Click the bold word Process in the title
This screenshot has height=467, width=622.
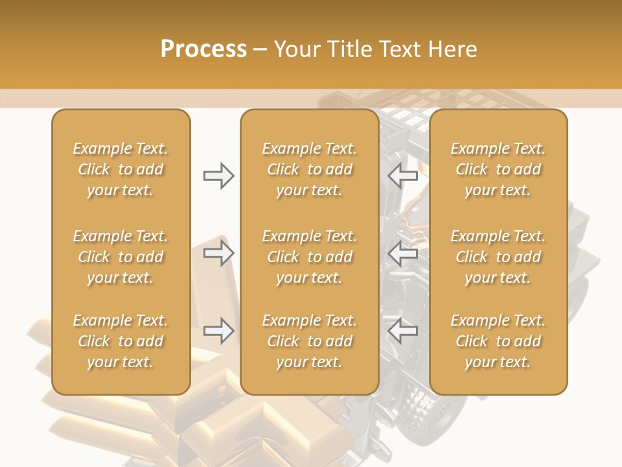click(203, 49)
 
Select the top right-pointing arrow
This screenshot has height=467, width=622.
click(218, 176)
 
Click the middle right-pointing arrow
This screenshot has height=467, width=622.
click(218, 253)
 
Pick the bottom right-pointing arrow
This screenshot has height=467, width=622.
click(218, 331)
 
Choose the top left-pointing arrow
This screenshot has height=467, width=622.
click(402, 176)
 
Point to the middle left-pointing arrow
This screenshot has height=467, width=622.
click(402, 253)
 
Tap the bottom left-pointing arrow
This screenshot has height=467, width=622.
click(402, 331)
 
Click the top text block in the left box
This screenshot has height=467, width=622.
click(121, 169)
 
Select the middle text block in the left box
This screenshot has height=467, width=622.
click(121, 257)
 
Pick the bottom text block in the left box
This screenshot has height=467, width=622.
click(121, 341)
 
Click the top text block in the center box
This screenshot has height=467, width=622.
click(309, 169)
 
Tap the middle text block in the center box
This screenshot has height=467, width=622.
click(309, 257)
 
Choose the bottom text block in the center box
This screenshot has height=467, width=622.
click(309, 341)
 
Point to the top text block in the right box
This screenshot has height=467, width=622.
click(498, 169)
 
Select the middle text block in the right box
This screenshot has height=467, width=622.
click(498, 257)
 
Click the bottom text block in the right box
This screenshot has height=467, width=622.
click(498, 341)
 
